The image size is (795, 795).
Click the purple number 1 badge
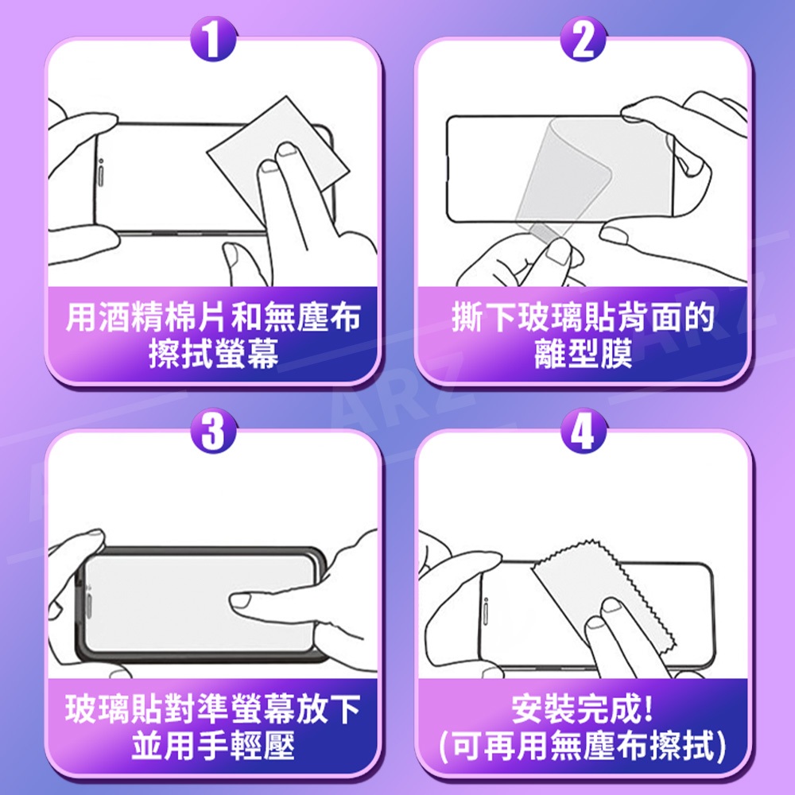(213, 38)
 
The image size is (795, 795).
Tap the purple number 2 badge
(583, 38)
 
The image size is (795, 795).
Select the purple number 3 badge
(213, 430)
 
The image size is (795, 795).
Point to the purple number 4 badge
(583, 430)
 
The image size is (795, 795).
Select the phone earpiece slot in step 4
(485, 611)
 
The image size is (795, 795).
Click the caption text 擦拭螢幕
(213, 354)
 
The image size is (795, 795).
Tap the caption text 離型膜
(583, 354)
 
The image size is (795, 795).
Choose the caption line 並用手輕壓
(213, 746)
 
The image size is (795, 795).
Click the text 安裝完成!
(582, 709)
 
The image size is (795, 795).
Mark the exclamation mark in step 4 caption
(648, 709)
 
